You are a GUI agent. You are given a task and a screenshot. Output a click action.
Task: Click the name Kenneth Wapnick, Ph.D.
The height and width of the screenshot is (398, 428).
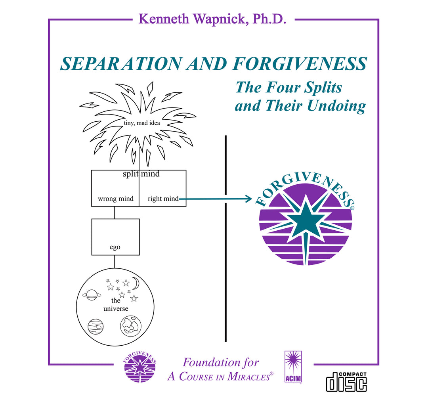(x=212, y=19)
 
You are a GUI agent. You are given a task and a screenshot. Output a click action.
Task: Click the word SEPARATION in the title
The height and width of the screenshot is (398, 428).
(x=121, y=63)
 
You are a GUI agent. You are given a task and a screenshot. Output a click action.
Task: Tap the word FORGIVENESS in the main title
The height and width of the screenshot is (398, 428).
(x=300, y=63)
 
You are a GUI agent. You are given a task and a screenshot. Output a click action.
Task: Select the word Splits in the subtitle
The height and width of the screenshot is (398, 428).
(x=323, y=88)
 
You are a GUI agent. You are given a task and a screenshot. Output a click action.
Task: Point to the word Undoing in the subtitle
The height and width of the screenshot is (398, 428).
(x=336, y=106)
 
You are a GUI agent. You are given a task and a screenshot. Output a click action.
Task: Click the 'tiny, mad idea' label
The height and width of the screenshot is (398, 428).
(x=141, y=123)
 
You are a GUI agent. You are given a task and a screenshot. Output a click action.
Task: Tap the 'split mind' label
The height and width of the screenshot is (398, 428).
(x=141, y=174)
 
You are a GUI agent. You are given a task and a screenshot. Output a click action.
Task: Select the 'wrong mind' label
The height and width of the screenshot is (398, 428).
(x=116, y=199)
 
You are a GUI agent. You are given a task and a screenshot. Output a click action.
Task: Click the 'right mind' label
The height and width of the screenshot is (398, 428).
(x=163, y=199)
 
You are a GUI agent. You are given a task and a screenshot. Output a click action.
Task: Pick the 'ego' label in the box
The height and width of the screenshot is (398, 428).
(x=115, y=247)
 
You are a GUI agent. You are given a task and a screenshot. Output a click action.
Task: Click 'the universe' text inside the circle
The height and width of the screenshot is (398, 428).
(x=116, y=304)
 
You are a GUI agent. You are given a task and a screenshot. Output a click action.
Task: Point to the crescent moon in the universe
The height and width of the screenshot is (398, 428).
(x=136, y=283)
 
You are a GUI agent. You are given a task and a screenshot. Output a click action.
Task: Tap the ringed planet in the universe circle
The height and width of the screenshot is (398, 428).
(x=92, y=295)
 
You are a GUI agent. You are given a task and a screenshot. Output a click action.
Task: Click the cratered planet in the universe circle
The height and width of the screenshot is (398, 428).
(x=131, y=326)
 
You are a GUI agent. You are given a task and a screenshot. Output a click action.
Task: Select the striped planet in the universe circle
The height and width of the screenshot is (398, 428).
(x=96, y=326)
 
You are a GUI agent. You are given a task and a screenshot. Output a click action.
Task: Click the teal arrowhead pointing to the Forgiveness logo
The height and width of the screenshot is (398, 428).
(x=248, y=199)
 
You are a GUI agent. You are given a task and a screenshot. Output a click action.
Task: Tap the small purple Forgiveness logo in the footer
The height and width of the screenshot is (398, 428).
(x=140, y=366)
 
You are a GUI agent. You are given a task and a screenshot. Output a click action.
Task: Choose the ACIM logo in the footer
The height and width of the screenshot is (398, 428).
(x=293, y=367)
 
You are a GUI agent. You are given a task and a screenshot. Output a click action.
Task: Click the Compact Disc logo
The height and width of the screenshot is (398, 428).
(x=346, y=382)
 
